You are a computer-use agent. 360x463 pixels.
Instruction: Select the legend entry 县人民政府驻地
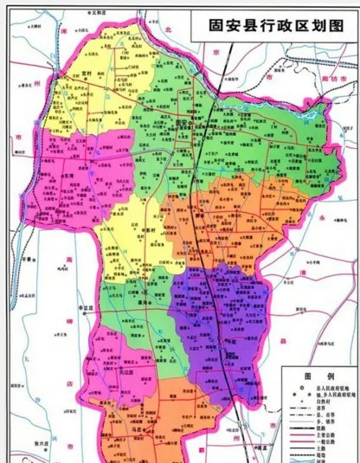tap(331, 387)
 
